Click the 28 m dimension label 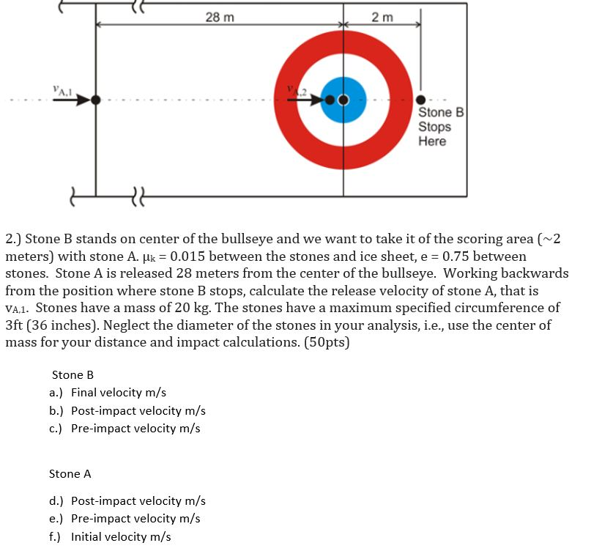[220, 17]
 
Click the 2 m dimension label [382, 17]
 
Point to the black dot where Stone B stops [420, 100]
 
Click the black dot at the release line [95, 100]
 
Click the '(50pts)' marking [325, 342]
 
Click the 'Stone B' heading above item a [73, 375]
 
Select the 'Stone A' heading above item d [70, 474]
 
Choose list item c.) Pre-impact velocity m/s [125, 429]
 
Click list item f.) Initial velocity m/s [110, 536]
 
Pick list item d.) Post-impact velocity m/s [127, 501]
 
